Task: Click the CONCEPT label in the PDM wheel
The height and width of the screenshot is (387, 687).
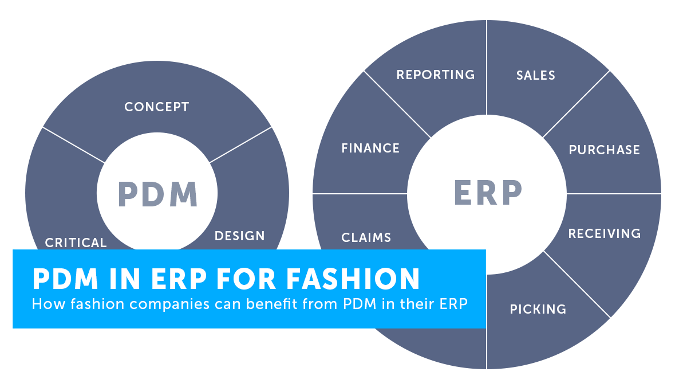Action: coord(157,107)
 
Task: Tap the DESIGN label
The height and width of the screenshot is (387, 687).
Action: coord(239,236)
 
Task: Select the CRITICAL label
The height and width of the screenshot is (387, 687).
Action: coord(76,243)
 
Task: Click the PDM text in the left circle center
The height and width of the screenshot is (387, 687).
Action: coord(157,194)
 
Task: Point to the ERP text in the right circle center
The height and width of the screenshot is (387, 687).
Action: coord(488,193)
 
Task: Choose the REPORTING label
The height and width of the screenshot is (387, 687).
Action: coord(436,75)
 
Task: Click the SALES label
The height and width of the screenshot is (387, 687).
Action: coord(536,75)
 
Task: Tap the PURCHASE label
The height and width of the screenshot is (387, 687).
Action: coord(604,150)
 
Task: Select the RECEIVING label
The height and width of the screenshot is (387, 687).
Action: coord(605,233)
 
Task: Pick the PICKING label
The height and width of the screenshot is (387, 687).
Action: coord(538,309)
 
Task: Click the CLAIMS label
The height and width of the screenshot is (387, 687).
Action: coord(366,237)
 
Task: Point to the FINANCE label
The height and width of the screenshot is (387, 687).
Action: coord(370,148)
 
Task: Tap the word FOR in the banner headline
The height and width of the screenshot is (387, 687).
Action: coord(246,279)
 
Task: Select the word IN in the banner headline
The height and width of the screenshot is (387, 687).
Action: coord(125,279)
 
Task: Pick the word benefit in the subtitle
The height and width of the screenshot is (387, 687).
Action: coord(272,304)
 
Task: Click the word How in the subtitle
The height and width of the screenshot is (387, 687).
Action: coord(49,304)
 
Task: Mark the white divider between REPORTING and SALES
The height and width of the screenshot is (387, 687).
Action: coord(487,68)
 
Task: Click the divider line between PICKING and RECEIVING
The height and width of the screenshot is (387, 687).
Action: coord(577,284)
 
